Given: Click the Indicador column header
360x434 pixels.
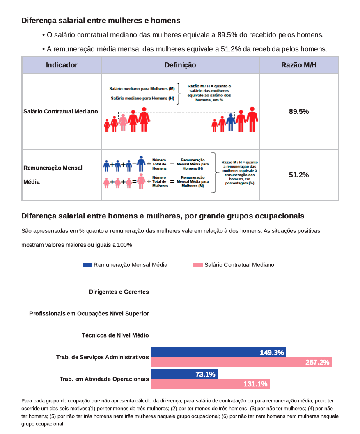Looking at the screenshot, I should (62, 65).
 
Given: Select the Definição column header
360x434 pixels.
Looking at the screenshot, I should (180, 65).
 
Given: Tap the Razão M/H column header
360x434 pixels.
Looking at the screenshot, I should (299, 65).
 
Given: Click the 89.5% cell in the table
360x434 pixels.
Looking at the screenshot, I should (299, 111).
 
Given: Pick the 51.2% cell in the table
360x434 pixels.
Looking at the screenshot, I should (299, 175).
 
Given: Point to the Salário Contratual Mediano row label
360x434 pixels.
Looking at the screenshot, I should (61, 111).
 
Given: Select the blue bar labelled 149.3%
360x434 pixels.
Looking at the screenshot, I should (218, 352).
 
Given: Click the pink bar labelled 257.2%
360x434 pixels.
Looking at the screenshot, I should (241, 362).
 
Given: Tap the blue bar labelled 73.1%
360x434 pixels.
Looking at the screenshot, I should (184, 374).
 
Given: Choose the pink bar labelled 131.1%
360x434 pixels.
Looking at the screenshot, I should (210, 384).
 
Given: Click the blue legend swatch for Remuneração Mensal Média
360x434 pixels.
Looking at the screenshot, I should (87, 265).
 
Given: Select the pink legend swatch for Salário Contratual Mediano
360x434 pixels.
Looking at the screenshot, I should (198, 265).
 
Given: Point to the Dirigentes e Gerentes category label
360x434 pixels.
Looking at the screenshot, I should (119, 292).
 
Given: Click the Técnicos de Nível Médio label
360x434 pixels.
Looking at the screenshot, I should (115, 335).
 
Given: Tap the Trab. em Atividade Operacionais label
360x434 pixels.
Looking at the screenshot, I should (104, 379).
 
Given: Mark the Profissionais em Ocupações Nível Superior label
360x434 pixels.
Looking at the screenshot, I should (89, 314).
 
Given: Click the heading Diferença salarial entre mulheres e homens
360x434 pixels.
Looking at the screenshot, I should (101, 20).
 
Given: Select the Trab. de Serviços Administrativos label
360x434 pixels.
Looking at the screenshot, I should (103, 357).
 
